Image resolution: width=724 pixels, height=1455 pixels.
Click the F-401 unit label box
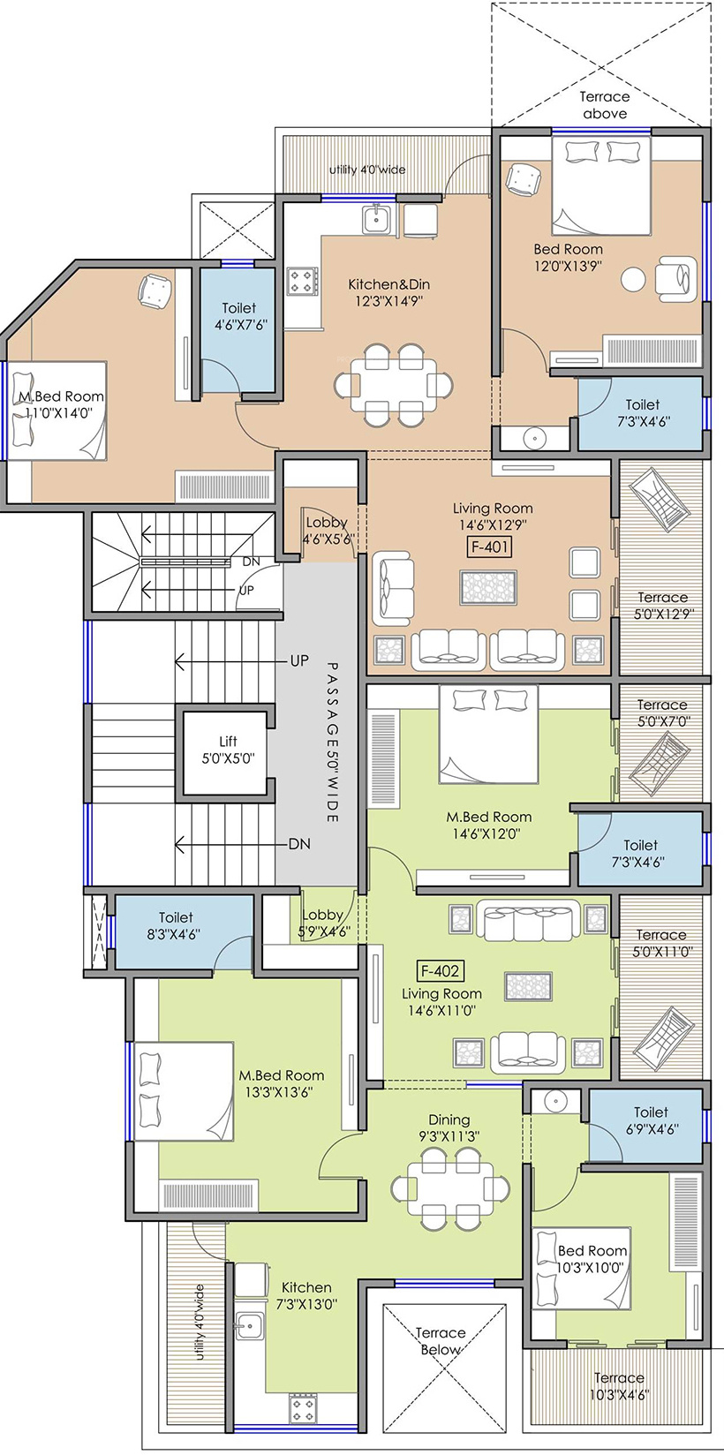pos(490,547)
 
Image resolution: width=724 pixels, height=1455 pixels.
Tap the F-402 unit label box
pos(441,971)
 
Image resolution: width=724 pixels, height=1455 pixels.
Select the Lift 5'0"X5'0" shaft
pos(225,753)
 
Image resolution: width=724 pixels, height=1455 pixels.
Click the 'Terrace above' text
pos(605,105)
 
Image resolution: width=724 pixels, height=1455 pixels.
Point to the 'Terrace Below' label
pos(441,1341)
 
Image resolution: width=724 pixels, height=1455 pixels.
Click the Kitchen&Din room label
pos(389,292)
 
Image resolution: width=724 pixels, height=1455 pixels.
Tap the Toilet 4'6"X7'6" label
pos(240,316)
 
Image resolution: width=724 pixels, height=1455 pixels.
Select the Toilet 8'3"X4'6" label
pos(176,925)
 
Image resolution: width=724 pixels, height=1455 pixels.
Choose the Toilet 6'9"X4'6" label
pos(652,1120)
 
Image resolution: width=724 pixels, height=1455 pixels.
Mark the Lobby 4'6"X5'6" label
pos(327,530)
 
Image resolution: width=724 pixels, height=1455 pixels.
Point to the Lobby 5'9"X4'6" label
pos(323,923)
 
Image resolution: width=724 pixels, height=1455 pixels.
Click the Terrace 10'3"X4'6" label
pos(619,1385)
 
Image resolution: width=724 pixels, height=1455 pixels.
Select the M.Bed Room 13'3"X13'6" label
pos(281,1084)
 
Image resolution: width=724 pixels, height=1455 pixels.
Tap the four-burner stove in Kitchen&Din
pos(303,282)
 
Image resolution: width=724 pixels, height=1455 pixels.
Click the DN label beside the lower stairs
pos(299,844)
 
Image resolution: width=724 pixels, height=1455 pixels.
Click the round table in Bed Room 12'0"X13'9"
pos(633,279)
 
